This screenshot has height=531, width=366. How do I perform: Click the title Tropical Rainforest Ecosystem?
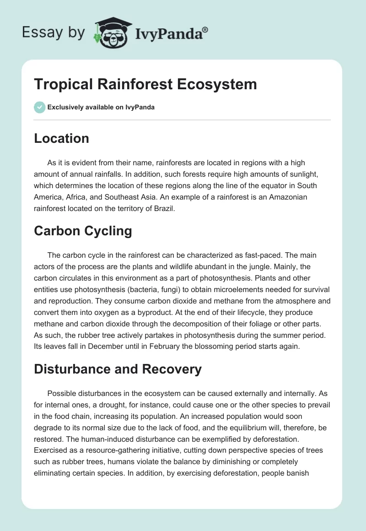145,84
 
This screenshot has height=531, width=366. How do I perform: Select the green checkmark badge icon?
39,107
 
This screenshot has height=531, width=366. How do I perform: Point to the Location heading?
61,138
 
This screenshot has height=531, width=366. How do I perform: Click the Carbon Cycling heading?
83,231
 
